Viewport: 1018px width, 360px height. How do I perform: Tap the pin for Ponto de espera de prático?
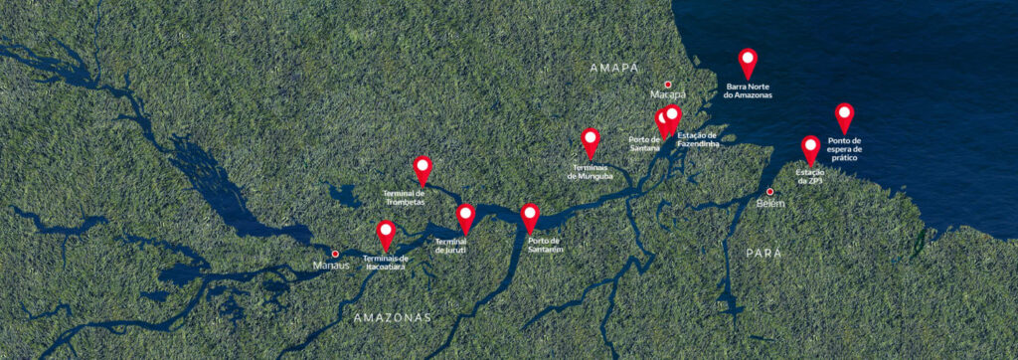(x=844, y=116)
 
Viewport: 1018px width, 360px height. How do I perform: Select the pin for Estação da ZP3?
(x=810, y=148)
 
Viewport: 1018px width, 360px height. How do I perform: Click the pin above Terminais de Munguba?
(x=591, y=141)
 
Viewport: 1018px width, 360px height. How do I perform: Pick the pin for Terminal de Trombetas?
(x=423, y=168)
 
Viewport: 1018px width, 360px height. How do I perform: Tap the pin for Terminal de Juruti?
(x=465, y=217)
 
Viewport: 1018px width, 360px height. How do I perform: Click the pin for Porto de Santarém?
(x=530, y=216)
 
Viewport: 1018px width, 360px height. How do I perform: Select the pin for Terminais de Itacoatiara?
(x=386, y=234)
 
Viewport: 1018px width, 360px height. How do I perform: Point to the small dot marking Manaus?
(x=335, y=254)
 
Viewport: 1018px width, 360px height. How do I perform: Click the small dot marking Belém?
(x=769, y=191)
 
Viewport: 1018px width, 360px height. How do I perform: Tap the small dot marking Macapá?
(x=668, y=85)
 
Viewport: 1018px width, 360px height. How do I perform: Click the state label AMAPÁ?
(x=612, y=68)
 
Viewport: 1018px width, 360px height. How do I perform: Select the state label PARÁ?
(x=763, y=254)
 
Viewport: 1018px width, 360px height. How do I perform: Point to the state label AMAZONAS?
(x=393, y=318)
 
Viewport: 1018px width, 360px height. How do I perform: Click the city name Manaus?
(x=331, y=266)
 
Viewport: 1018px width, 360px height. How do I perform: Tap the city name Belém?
(x=770, y=203)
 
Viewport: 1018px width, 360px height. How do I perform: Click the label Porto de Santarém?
(x=546, y=245)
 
